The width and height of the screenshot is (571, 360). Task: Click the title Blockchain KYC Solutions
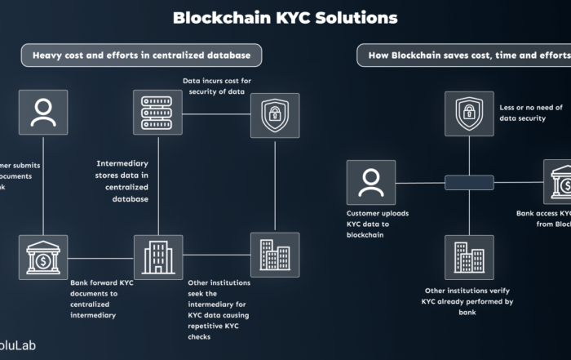point(285,18)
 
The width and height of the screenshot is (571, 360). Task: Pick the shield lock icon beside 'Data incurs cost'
point(274,115)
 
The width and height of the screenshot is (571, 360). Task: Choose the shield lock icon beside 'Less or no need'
point(469,114)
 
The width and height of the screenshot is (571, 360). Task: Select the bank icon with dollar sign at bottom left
point(42,256)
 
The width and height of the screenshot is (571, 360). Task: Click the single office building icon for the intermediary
point(157,256)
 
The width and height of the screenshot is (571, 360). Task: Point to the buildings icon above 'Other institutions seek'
point(274,256)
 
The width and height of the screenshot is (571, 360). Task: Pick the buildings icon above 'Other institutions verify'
point(469,256)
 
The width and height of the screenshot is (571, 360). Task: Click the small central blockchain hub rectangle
point(469,183)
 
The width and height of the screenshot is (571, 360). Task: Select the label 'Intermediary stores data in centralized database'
point(122,180)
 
